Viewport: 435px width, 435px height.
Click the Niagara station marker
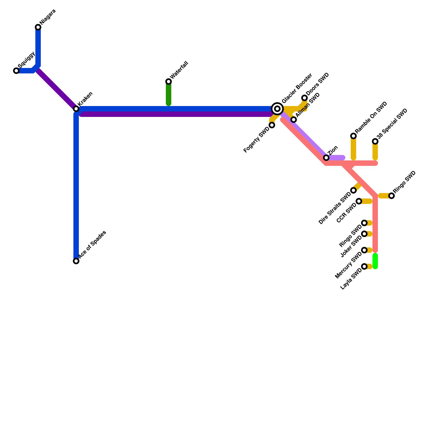38,27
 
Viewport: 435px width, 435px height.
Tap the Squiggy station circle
16,71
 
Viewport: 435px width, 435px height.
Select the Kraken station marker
76,109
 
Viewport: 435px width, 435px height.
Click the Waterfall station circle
169,82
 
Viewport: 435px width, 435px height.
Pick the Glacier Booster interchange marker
277,109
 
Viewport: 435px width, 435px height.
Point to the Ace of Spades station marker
76,261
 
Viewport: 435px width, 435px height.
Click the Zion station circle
326,158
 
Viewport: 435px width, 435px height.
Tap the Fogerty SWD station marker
272,125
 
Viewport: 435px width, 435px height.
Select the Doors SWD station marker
304,98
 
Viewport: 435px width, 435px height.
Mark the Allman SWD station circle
294,120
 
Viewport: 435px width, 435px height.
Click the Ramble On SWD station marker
353,136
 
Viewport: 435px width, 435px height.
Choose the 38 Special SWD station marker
375,141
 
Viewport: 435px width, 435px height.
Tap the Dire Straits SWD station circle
353,190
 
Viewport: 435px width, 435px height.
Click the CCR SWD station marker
359,201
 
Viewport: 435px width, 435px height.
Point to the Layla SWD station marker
364,266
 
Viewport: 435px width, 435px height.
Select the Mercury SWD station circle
364,250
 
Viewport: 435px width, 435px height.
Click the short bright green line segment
375,261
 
